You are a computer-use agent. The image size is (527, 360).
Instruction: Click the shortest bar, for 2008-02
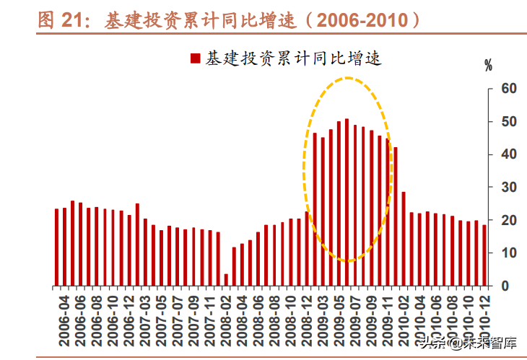(x=226, y=280)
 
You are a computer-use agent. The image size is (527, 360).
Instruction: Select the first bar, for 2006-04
(x=57, y=247)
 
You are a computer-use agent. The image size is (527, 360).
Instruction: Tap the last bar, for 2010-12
(x=484, y=255)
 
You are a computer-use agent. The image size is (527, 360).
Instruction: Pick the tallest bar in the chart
(x=347, y=202)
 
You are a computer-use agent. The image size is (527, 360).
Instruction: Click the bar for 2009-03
(x=315, y=209)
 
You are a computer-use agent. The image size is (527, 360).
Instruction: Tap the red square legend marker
(x=194, y=58)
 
